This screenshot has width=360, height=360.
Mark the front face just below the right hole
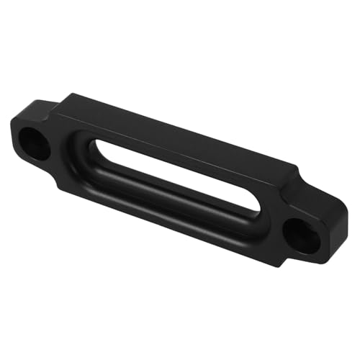click(x=295, y=254)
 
